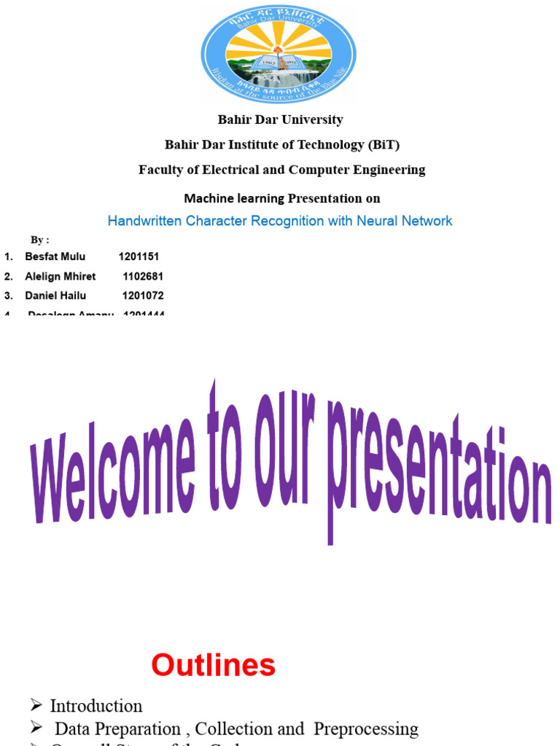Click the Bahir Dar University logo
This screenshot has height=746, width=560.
click(279, 55)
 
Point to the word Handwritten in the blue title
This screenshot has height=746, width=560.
click(145, 220)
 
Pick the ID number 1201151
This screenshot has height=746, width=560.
click(139, 256)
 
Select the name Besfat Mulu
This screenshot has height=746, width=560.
click(55, 256)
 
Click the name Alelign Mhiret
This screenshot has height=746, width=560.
click(60, 276)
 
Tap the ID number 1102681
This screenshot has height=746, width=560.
click(143, 276)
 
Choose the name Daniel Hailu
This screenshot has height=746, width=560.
click(55, 296)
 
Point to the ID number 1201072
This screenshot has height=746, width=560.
click(143, 296)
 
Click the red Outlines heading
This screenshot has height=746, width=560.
click(213, 665)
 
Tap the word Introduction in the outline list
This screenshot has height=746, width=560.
click(96, 706)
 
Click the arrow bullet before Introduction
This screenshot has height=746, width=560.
click(36, 706)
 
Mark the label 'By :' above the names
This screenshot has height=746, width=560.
click(39, 240)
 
